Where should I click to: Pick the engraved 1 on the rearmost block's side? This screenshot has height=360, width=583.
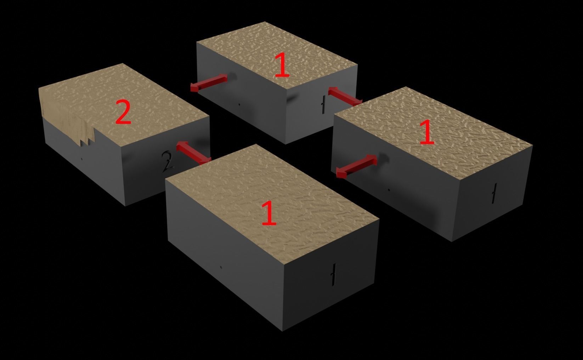[x=323, y=104]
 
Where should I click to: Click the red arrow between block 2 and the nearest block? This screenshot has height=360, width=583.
[x=194, y=153]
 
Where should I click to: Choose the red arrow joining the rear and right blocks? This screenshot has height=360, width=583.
[x=345, y=96]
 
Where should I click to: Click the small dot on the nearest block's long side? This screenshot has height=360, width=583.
[x=221, y=267]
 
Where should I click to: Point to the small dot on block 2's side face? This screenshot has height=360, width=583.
[x=82, y=159]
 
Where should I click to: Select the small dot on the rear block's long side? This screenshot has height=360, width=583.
[x=239, y=104]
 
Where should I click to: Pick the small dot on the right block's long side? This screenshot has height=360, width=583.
[x=389, y=190]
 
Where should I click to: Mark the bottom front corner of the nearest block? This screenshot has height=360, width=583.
[x=283, y=331]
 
